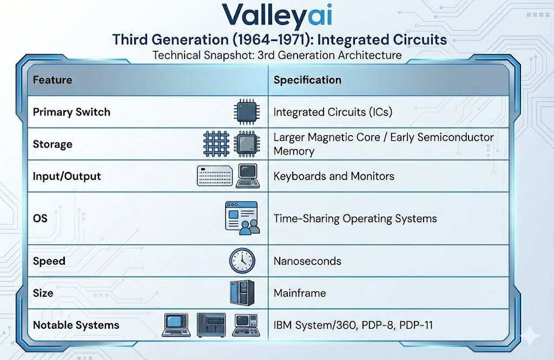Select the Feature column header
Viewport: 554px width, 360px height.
tap(52, 80)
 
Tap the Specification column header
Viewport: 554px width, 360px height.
tap(307, 80)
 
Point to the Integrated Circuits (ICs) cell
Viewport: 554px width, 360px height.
tap(333, 112)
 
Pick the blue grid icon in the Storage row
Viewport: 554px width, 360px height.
tap(216, 144)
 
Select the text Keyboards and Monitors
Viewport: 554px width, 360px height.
tap(334, 176)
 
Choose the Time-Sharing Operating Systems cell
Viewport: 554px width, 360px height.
tap(355, 219)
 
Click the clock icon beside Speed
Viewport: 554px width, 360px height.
tap(241, 261)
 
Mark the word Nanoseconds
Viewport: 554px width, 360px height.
tap(307, 261)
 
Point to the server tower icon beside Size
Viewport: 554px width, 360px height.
tap(241, 293)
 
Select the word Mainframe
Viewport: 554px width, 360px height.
tap(300, 293)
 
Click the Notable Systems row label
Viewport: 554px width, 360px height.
tap(76, 325)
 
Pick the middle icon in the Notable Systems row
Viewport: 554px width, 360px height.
tap(211, 324)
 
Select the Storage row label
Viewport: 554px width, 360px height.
tap(52, 144)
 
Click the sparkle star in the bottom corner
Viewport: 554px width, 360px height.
tap(529, 336)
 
